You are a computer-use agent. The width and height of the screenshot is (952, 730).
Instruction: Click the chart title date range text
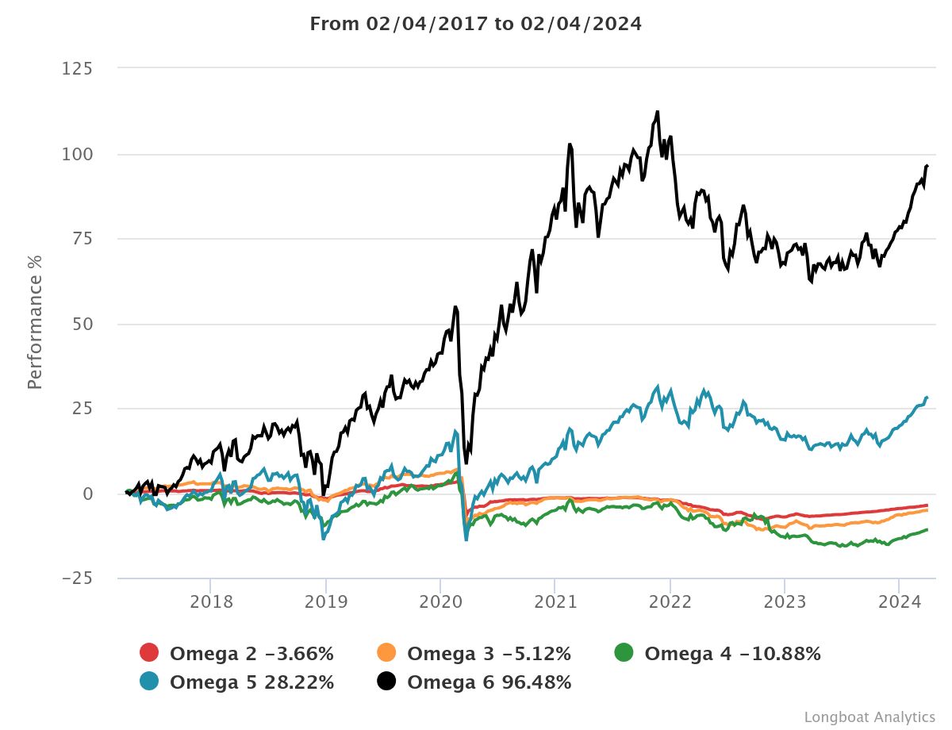click(x=475, y=24)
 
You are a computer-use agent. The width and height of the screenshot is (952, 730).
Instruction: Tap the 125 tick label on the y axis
click(x=78, y=69)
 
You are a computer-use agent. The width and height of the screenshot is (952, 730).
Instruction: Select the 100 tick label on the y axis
click(x=78, y=154)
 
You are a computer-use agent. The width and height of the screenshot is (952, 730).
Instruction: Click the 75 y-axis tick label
click(x=83, y=239)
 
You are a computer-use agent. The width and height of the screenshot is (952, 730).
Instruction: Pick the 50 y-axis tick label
click(x=83, y=324)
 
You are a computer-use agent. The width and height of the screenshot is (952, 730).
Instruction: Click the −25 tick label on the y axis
click(x=77, y=578)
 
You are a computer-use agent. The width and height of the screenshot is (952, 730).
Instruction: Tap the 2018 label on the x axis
click(x=211, y=601)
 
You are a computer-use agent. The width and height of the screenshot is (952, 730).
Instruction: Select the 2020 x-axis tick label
click(x=440, y=601)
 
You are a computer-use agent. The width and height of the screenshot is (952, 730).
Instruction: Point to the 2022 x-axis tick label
click(x=670, y=601)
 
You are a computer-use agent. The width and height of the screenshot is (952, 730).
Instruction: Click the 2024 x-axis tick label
click(x=899, y=601)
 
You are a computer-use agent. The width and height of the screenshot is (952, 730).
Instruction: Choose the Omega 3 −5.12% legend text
click(x=489, y=654)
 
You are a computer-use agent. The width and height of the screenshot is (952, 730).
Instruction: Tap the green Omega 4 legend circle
click(x=625, y=653)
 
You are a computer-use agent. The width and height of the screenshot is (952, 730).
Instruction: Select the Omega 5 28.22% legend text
click(x=251, y=682)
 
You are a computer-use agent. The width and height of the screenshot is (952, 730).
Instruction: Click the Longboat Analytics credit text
click(x=869, y=717)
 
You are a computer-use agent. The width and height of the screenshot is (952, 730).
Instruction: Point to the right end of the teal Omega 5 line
click(x=927, y=398)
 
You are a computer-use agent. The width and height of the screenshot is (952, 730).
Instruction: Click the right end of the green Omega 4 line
click(x=927, y=529)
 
